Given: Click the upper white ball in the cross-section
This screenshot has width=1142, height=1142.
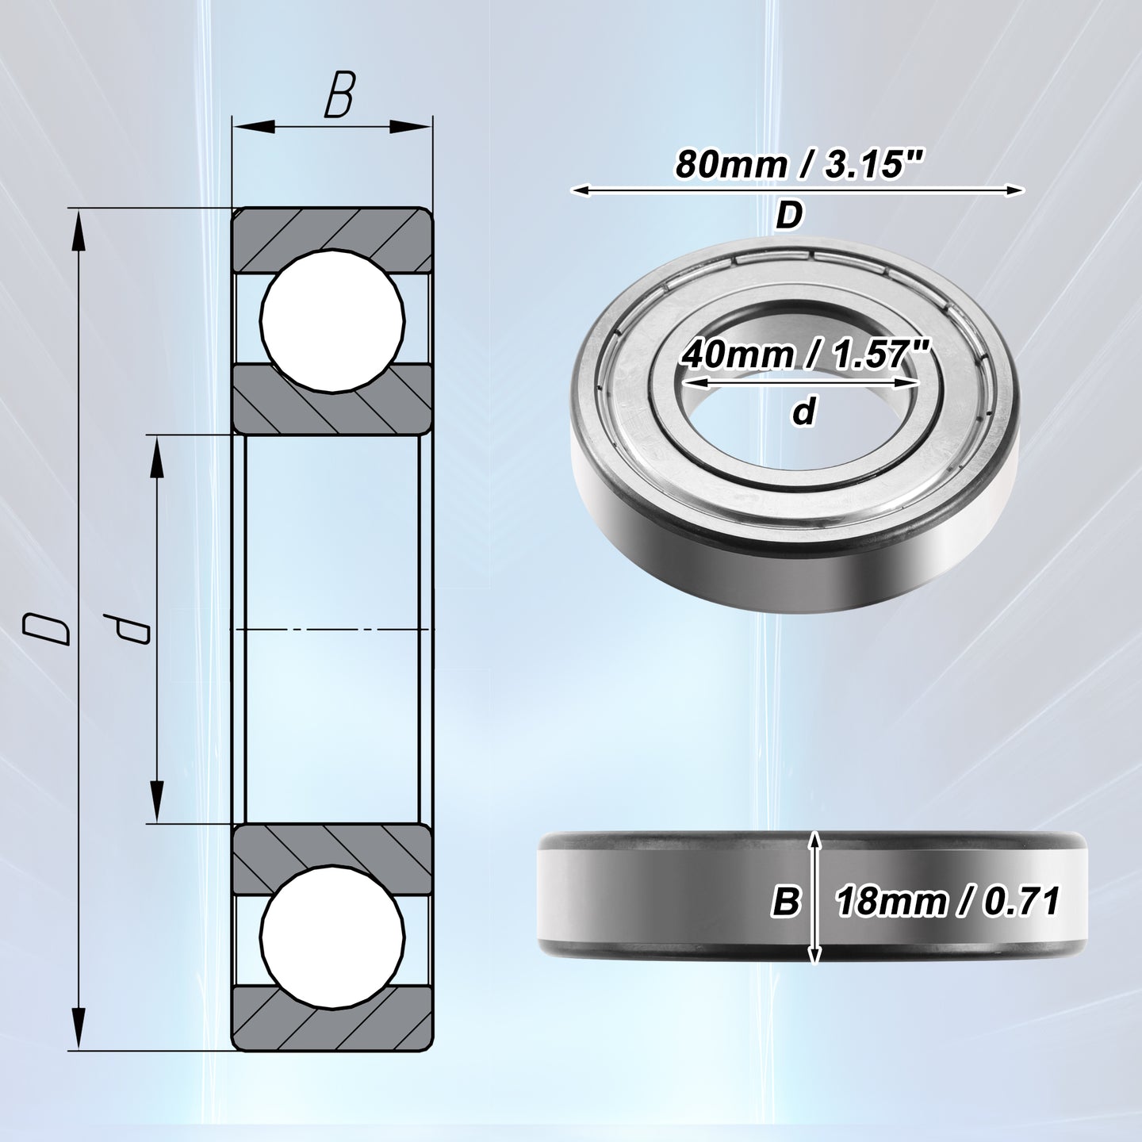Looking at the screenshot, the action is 332,321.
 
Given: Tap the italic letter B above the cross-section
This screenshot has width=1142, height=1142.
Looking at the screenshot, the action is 339,95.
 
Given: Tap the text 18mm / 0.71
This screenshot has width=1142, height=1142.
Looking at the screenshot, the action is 946,902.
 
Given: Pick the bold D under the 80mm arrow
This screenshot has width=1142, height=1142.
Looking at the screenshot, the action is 789,216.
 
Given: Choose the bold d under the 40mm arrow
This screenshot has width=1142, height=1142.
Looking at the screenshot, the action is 803,412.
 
